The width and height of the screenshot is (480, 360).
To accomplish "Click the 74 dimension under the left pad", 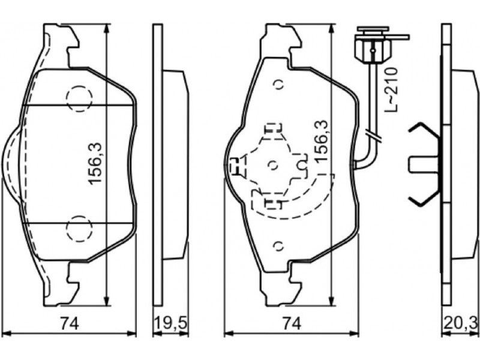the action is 70,323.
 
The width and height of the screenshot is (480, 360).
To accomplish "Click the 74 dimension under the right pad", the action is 291,323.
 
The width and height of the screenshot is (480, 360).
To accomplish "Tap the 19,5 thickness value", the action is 170,323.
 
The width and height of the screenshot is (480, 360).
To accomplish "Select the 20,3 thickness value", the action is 460,323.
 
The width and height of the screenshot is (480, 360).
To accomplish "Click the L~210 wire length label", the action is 392,89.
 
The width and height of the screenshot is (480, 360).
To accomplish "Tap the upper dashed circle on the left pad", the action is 79,98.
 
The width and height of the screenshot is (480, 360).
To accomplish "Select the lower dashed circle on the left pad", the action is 79,228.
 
